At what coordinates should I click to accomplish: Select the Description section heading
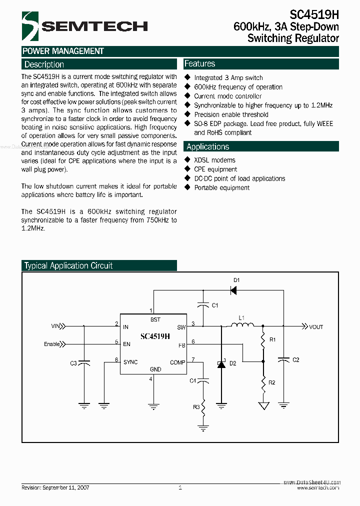44,64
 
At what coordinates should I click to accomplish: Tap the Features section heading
199,64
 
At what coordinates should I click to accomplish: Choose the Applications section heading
207,146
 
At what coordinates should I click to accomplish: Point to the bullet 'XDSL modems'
214,160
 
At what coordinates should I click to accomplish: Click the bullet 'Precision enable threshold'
231,114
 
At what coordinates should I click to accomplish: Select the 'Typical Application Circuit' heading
68,266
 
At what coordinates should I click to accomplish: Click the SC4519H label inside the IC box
155,336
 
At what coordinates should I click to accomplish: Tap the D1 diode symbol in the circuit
233,289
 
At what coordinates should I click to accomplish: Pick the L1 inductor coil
241,325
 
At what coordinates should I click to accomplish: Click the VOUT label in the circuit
316,327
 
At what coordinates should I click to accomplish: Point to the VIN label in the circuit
55,326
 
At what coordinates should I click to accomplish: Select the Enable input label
52,344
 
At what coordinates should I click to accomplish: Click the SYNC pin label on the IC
130,362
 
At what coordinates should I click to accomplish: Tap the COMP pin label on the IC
177,362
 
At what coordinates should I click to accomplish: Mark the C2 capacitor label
295,360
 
